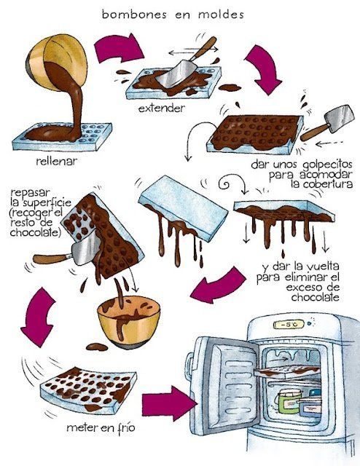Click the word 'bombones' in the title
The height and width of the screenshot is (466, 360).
coord(134,15)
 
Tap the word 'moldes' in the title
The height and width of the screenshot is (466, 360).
coord(221,15)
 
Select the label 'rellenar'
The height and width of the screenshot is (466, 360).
coord(57,162)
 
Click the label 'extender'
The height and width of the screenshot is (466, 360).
coord(162,108)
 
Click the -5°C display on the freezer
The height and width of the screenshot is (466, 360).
coord(289,324)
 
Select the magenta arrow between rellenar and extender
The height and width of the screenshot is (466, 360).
coord(119,49)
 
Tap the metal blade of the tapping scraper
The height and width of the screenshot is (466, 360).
coord(340,118)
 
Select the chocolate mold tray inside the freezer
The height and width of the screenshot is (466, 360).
coord(287,371)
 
